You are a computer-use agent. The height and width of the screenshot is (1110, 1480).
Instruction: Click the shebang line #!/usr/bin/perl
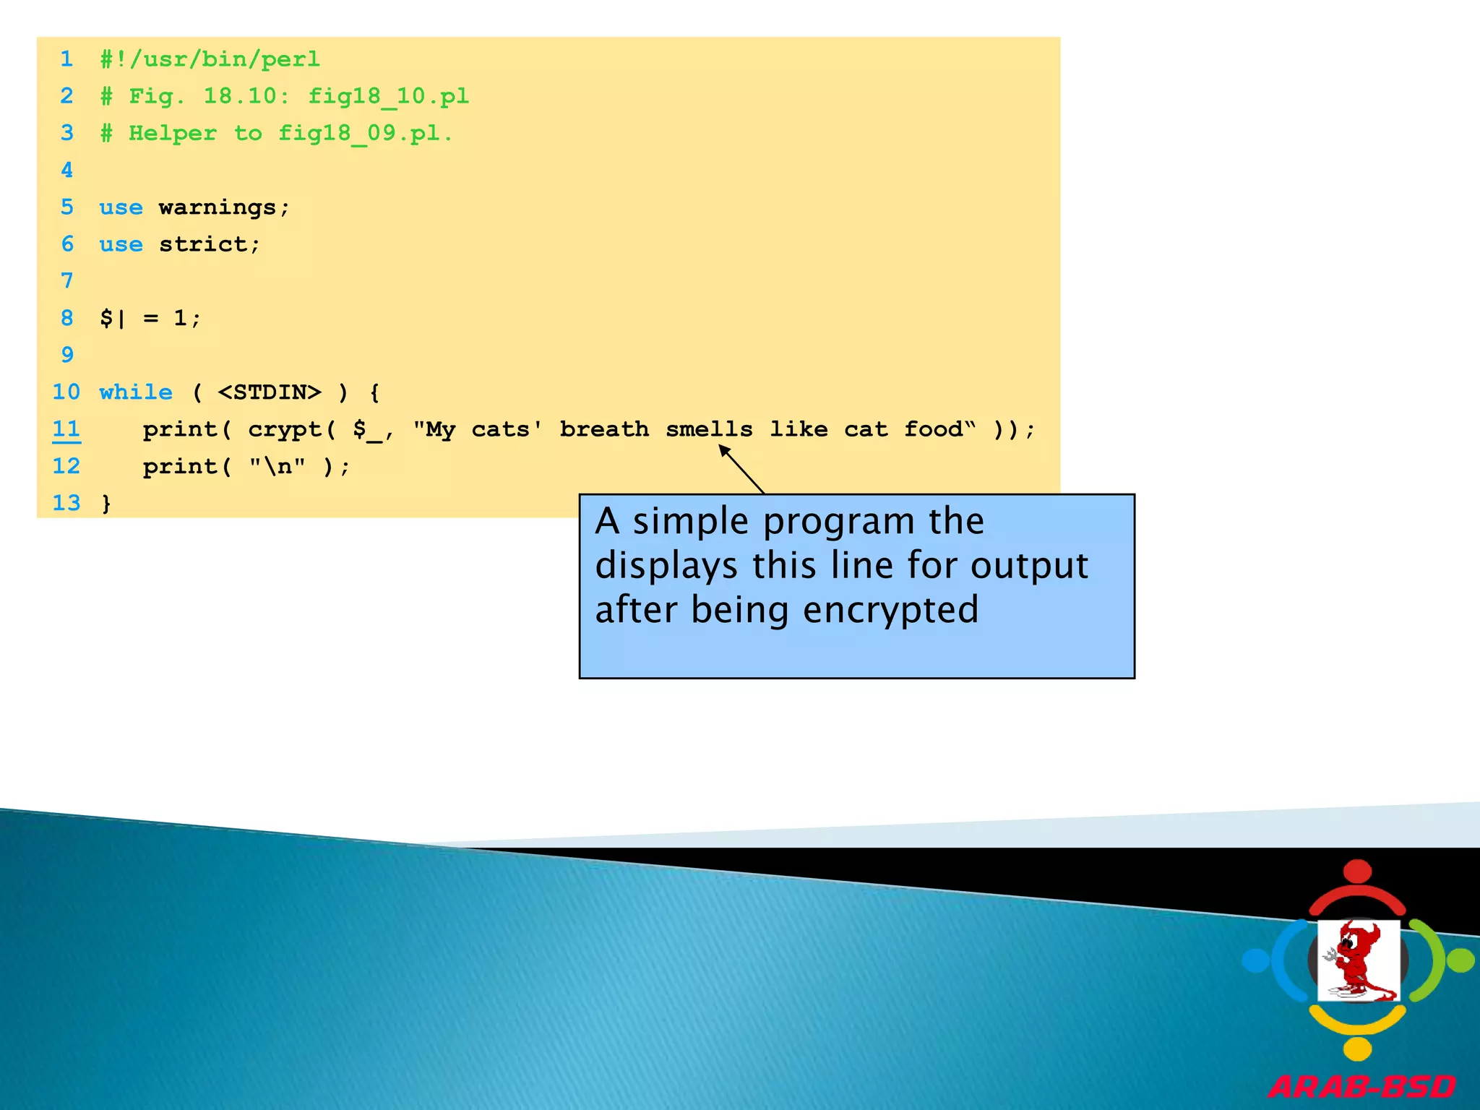[210, 59]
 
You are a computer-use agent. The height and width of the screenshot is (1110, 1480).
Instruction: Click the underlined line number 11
[66, 429]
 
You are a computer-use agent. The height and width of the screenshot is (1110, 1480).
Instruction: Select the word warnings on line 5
[218, 207]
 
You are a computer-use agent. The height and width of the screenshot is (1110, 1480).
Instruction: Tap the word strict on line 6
[203, 244]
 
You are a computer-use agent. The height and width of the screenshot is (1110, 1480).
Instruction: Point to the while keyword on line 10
[136, 392]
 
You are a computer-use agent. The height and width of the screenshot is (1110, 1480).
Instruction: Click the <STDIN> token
[269, 392]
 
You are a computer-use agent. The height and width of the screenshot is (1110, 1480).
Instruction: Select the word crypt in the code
[285, 429]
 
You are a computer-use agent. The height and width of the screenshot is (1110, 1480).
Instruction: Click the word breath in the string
[604, 429]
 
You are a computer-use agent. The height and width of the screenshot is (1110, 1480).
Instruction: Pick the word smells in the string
[709, 429]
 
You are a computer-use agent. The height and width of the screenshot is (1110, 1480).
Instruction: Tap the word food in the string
[933, 429]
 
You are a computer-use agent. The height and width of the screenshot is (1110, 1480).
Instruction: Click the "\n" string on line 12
[277, 467]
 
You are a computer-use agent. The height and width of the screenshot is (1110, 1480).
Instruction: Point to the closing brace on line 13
[106, 503]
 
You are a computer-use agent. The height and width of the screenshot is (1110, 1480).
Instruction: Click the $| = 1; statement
[150, 318]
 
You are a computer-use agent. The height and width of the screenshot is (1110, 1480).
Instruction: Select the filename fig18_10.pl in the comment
[388, 97]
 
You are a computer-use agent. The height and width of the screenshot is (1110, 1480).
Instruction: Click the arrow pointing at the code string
[741, 469]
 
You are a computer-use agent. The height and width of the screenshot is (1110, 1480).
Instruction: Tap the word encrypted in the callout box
[890, 610]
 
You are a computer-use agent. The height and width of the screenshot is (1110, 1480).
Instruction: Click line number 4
[66, 171]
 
